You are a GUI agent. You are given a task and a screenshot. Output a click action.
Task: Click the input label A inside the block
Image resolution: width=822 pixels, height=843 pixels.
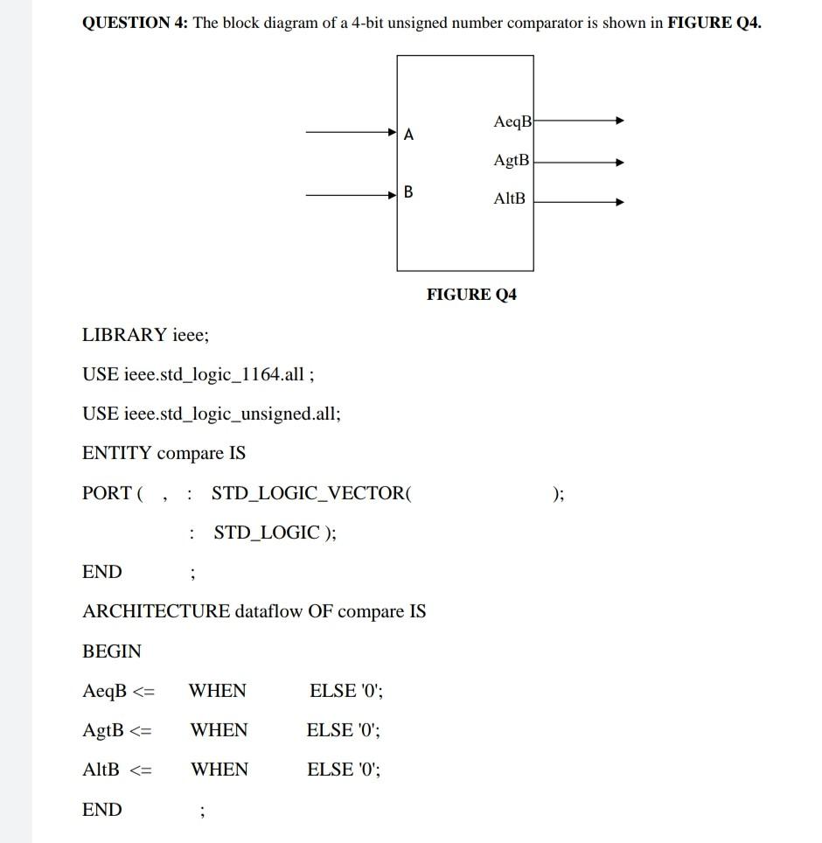click(409, 136)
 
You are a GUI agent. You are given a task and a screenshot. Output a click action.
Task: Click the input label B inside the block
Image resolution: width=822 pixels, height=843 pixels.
click(409, 192)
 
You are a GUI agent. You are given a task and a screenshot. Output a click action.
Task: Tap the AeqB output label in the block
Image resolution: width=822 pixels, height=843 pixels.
click(512, 122)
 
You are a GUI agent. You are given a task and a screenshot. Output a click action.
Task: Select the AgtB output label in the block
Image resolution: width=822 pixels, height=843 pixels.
click(512, 161)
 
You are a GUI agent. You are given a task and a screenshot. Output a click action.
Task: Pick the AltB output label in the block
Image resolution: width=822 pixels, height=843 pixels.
click(510, 199)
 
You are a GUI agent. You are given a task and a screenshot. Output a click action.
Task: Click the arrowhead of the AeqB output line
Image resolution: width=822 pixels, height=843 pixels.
click(619, 121)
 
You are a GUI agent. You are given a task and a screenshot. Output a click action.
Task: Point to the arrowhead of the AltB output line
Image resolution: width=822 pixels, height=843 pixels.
click(619, 202)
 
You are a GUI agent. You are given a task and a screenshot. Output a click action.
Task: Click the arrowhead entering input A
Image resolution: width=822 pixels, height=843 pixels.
click(393, 133)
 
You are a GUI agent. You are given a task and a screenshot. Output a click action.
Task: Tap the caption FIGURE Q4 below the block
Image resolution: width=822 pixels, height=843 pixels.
click(471, 295)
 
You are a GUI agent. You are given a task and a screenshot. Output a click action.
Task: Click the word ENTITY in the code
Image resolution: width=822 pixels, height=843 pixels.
click(117, 453)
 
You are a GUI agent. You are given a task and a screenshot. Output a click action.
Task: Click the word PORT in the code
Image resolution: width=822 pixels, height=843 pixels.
click(107, 493)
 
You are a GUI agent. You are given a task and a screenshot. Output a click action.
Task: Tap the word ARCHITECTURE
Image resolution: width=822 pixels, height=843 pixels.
click(156, 611)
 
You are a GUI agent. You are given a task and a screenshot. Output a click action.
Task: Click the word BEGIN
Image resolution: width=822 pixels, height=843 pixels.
click(112, 651)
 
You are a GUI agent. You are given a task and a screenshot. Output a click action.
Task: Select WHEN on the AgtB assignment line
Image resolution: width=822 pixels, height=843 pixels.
click(219, 730)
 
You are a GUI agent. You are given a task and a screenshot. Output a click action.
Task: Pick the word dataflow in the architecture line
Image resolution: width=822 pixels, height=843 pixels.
click(268, 611)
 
